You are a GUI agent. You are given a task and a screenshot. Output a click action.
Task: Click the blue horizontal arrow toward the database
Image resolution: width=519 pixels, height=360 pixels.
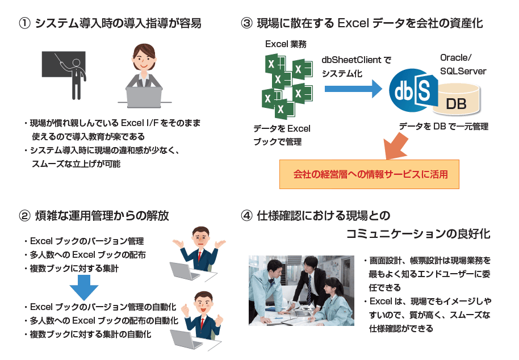click(352, 88)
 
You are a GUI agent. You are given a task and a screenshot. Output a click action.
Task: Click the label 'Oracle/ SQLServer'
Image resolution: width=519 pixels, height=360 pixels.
click(463, 64)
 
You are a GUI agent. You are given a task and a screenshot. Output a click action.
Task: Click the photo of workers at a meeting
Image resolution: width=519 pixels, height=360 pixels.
click(301, 290)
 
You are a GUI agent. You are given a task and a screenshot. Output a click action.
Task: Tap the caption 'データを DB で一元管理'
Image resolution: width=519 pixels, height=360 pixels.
click(443, 126)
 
